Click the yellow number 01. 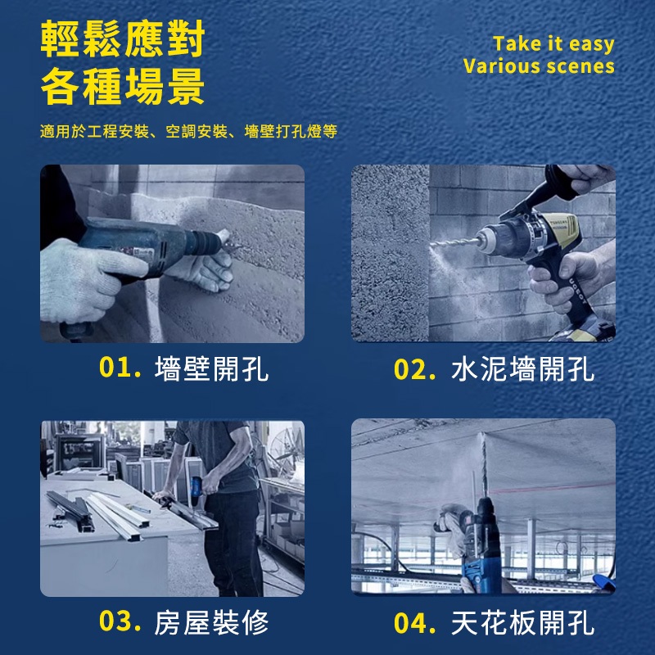coord(120,367)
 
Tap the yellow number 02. coord(415,369)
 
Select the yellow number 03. coord(120,621)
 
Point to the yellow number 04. coord(415,623)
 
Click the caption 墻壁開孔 coord(211,369)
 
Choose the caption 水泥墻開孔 coord(522,369)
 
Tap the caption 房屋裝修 coord(211,622)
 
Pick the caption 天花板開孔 coord(522,623)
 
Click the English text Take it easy coord(553,44)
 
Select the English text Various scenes coord(539,66)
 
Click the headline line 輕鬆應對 coord(122,38)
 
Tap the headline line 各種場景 coord(122,87)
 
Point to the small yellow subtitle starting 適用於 coord(188,131)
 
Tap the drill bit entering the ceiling coord(484,464)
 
